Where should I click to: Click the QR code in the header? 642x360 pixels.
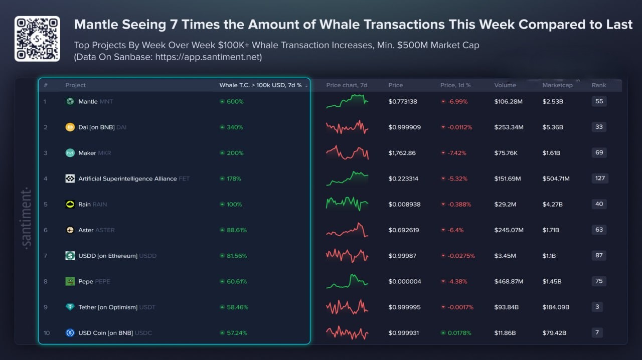click(x=37, y=39)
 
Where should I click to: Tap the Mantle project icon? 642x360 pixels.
click(x=70, y=101)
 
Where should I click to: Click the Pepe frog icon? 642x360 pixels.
click(x=70, y=281)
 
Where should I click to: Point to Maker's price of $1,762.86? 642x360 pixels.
click(x=402, y=153)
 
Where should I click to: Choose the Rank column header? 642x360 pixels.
click(x=598, y=85)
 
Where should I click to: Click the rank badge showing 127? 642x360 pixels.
click(x=600, y=178)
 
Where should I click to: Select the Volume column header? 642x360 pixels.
click(x=505, y=85)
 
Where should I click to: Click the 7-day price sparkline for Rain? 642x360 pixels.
click(x=347, y=203)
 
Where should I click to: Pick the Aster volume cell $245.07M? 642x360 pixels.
click(x=509, y=230)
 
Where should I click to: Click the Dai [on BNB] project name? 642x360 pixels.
click(x=96, y=127)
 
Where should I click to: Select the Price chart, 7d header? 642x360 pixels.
click(x=347, y=85)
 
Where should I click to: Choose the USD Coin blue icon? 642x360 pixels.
click(x=70, y=332)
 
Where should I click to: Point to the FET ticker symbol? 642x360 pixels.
click(x=184, y=178)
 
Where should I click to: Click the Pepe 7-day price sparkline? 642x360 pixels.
click(x=347, y=281)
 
